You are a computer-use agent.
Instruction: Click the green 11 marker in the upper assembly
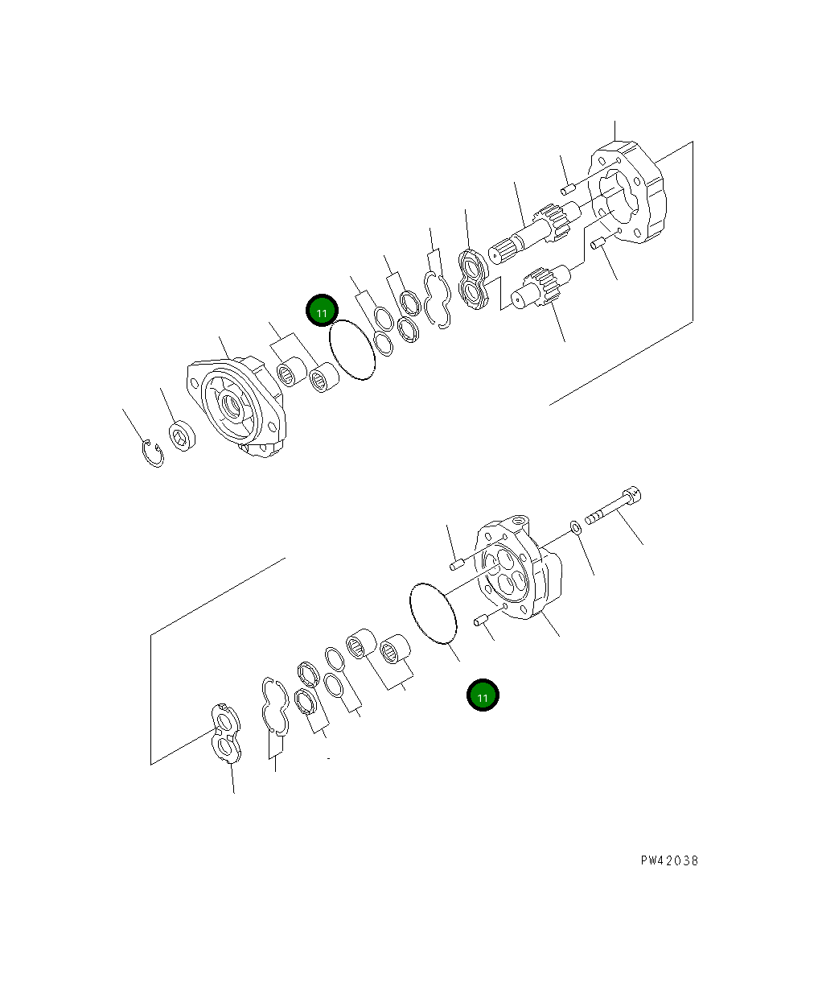click(322, 311)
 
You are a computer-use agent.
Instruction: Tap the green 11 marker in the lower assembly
click(483, 696)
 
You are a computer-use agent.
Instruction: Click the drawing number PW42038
click(669, 860)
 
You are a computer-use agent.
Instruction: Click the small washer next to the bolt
click(576, 528)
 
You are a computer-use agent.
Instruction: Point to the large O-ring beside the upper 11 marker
click(352, 350)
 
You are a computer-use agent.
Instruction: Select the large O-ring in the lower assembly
click(433, 613)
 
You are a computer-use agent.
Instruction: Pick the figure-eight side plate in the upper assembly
click(474, 280)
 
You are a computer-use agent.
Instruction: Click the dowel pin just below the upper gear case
click(598, 245)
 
